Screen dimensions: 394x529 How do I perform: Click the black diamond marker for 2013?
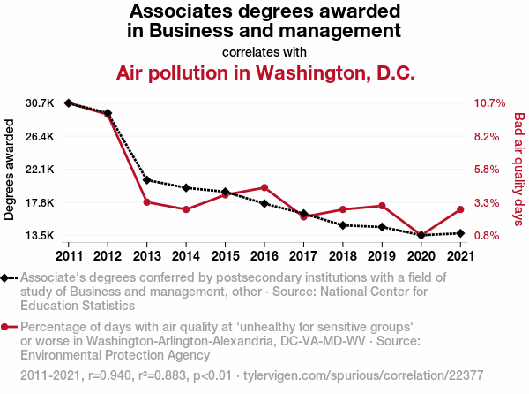coord(146,180)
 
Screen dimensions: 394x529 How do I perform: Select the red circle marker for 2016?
coord(264,187)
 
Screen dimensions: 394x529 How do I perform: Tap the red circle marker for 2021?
coord(459,209)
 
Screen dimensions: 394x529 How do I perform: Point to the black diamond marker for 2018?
coord(342,225)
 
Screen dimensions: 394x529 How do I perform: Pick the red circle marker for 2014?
coord(186,209)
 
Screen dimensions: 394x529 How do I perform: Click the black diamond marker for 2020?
coord(421,235)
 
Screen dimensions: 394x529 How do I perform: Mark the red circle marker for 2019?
coord(381,205)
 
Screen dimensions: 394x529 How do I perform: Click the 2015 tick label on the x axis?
coord(225,256)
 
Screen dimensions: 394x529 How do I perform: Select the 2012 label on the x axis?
coord(108,256)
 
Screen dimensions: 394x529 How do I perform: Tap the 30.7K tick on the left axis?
coord(41,103)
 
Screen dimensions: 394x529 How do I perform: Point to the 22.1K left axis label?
coord(41,170)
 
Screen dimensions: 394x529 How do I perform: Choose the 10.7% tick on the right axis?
coord(488,103)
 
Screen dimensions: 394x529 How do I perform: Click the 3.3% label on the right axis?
coord(488,203)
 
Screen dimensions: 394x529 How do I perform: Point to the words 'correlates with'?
coord(264,51)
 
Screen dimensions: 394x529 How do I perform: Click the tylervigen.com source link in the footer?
coord(312,375)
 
